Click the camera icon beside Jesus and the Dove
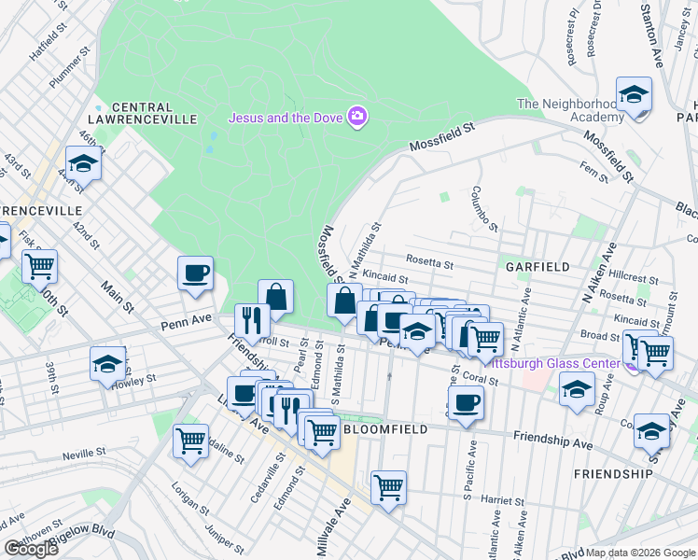click(356, 117)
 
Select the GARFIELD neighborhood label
click(537, 267)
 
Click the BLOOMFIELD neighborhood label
click(385, 429)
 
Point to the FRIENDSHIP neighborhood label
click(613, 474)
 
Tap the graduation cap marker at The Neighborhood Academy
click(634, 96)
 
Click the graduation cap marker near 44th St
click(84, 164)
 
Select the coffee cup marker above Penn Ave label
click(196, 273)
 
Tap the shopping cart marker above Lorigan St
click(190, 440)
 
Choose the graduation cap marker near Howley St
click(108, 365)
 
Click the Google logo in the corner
click(31, 548)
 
